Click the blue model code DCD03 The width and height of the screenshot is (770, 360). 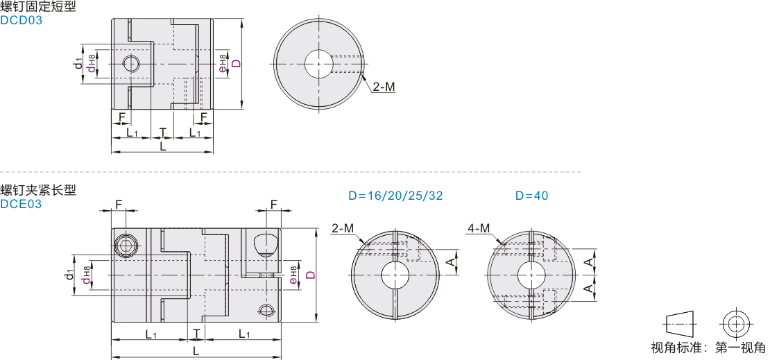(x=21, y=21)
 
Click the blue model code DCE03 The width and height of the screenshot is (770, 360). (x=21, y=204)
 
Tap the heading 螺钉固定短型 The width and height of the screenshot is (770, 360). (x=38, y=7)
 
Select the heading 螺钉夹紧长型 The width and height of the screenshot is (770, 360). (x=38, y=190)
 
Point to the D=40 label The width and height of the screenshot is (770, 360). (x=532, y=196)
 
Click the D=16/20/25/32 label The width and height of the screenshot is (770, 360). (x=396, y=196)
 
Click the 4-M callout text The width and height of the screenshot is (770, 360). (x=479, y=228)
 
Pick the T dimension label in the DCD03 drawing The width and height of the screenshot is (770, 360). (x=162, y=132)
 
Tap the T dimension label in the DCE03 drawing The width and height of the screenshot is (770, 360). (x=196, y=334)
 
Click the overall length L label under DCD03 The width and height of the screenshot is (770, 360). (x=163, y=146)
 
